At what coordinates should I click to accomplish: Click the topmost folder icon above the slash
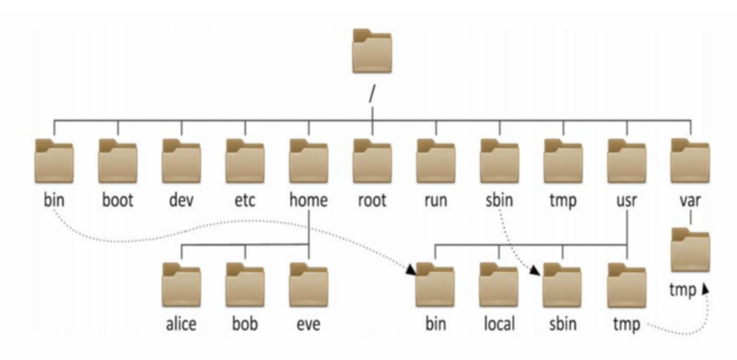[x=372, y=51]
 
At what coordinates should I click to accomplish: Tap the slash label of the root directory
[x=372, y=93]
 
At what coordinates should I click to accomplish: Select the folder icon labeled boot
[x=118, y=161]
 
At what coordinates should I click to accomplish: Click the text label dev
[x=181, y=200]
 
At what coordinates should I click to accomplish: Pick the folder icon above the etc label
[x=245, y=161]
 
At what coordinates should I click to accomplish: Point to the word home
[x=308, y=200]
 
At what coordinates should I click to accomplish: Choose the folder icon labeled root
[x=372, y=161]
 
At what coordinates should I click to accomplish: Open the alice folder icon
[x=181, y=285]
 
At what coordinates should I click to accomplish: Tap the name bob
[x=245, y=323]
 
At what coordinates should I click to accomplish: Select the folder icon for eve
[x=308, y=285]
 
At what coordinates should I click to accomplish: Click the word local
[x=499, y=323]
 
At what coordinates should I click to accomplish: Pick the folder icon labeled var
[x=691, y=161]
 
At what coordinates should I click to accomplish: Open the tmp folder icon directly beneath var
[x=691, y=250]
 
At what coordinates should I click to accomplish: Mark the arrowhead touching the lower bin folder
[x=411, y=269]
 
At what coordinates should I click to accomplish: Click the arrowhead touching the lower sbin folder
[x=534, y=270]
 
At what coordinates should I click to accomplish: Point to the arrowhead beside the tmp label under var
[x=705, y=288]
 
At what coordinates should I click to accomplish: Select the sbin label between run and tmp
[x=499, y=200]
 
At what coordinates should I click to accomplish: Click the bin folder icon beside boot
[x=54, y=161]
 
